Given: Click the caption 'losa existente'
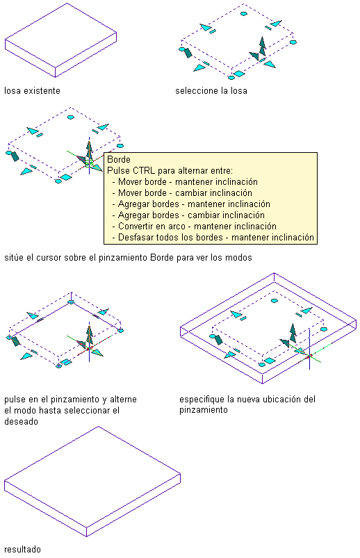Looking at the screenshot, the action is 32,91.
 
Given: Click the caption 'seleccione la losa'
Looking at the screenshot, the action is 211,91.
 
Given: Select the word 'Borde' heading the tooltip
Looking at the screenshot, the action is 119,159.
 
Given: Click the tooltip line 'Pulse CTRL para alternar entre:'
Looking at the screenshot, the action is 170,170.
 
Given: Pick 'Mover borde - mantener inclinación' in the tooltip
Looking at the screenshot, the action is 188,181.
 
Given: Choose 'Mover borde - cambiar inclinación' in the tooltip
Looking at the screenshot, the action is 185,192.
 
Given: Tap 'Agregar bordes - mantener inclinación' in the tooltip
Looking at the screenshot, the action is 194,204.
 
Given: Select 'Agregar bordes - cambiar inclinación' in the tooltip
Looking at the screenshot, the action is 191,215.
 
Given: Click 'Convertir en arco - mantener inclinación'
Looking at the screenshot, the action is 197,226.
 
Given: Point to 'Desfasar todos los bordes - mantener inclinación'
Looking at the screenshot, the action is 215,237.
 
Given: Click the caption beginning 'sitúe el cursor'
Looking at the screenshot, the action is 128,257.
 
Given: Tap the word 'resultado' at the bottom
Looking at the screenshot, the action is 22,549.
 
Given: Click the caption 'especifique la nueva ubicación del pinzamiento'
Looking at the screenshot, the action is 247,404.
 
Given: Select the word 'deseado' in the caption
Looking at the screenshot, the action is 21,421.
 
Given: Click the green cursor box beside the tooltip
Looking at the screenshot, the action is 89,163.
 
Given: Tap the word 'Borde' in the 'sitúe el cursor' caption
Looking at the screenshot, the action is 162,257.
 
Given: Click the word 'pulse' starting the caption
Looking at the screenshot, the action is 14,400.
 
